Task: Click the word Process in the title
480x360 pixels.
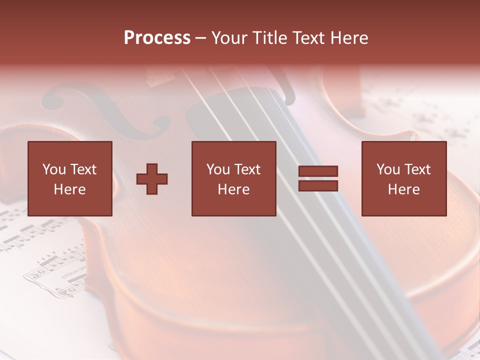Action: pyautogui.click(x=157, y=38)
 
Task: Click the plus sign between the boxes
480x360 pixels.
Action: pyautogui.click(x=152, y=179)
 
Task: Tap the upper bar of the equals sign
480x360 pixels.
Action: pyautogui.click(x=318, y=171)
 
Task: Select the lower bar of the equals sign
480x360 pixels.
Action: pyautogui.click(x=318, y=186)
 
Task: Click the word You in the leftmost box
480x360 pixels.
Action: pyautogui.click(x=53, y=169)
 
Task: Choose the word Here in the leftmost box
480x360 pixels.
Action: pyautogui.click(x=69, y=189)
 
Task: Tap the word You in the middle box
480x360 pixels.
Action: pyautogui.click(x=217, y=169)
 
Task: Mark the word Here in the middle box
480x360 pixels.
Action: pyautogui.click(x=233, y=189)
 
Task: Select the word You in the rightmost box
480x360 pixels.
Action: pyautogui.click(x=387, y=169)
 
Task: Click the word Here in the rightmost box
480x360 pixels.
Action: pyautogui.click(x=403, y=189)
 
